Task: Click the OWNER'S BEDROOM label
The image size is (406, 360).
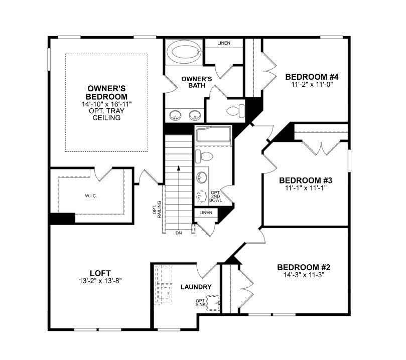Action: point(106,92)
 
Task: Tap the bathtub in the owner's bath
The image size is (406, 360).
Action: point(184,52)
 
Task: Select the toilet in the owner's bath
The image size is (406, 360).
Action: point(234,110)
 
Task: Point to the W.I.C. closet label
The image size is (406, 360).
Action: point(90,196)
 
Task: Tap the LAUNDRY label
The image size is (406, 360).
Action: point(196,287)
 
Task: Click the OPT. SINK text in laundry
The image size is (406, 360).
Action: point(201,303)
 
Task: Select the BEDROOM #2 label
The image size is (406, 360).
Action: point(304,267)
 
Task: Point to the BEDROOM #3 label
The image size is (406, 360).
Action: point(306,181)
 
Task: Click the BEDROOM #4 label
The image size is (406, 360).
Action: point(312,77)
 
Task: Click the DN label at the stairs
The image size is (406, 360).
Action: point(178,233)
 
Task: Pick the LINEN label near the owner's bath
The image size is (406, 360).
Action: point(224,43)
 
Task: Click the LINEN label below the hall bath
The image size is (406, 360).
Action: point(206,213)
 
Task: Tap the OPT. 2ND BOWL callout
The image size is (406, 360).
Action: point(216,196)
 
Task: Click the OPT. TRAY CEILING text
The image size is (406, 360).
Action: point(106,114)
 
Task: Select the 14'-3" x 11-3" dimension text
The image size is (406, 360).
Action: point(304,275)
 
